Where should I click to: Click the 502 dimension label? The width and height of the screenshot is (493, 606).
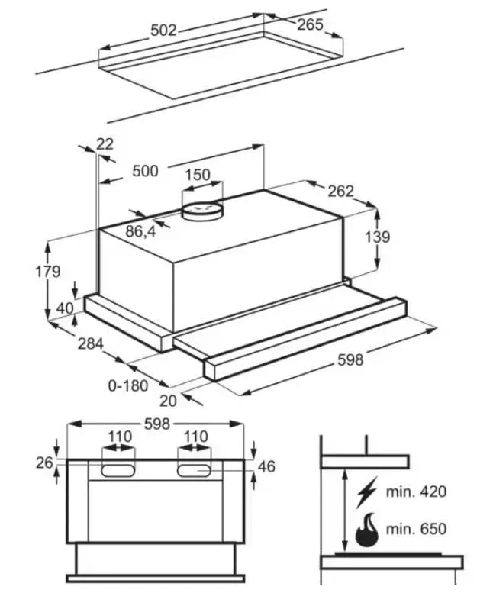pyautogui.click(x=163, y=31)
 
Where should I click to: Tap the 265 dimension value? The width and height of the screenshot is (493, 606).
pyautogui.click(x=310, y=24)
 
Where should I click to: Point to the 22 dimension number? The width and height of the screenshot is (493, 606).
pyautogui.click(x=105, y=144)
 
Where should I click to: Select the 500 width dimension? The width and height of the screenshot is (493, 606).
pyautogui.click(x=145, y=171)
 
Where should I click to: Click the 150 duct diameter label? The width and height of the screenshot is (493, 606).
pyautogui.click(x=198, y=175)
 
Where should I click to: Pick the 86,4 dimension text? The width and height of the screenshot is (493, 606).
pyautogui.click(x=140, y=231)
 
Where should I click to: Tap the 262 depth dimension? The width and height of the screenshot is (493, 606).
pyautogui.click(x=341, y=191)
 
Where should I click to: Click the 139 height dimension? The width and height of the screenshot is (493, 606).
pyautogui.click(x=378, y=237)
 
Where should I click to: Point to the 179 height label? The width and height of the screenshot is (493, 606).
pyautogui.click(x=48, y=272)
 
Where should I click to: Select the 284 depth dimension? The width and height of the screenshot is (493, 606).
pyautogui.click(x=91, y=343)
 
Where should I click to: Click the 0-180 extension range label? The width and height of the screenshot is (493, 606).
pyautogui.click(x=128, y=385)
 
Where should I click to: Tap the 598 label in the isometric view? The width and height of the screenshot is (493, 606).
pyautogui.click(x=350, y=360)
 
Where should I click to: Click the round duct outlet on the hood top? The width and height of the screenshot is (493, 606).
pyautogui.click(x=202, y=212)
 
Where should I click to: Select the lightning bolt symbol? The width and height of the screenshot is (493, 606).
pyautogui.click(x=366, y=492)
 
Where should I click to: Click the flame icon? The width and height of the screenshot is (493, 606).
pyautogui.click(x=368, y=530)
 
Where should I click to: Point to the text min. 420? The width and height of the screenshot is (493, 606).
pyautogui.click(x=416, y=492)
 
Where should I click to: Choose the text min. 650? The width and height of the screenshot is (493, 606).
pyautogui.click(x=416, y=528)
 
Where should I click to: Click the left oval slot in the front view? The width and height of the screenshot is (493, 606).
pyautogui.click(x=118, y=471)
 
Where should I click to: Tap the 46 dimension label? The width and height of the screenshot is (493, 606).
pyautogui.click(x=266, y=467)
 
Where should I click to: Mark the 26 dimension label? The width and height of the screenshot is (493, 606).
pyautogui.click(x=44, y=463)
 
